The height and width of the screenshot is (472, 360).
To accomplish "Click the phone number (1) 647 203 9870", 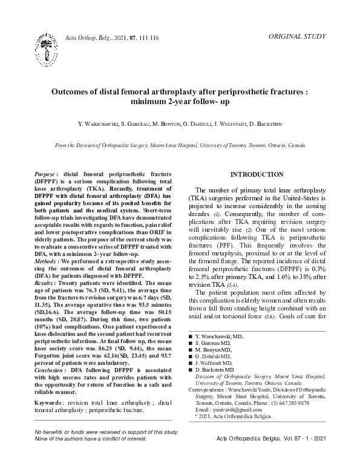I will pos(283,402).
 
